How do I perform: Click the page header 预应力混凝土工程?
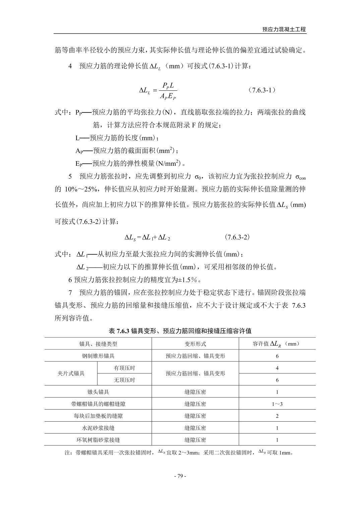[284, 29]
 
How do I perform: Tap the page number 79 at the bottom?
[180, 476]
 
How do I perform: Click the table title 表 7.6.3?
[180, 331]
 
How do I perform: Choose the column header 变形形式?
[195, 344]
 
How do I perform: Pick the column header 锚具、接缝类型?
[98, 344]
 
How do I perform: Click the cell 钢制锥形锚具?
[98, 356]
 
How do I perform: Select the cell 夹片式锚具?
[71, 373]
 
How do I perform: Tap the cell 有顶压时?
[124, 368]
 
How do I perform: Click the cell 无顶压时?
[124, 380]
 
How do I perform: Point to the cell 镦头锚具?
[98, 392]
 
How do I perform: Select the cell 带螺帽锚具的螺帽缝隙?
[98, 404]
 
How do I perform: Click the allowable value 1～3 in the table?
[277, 404]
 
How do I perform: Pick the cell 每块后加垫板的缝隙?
[98, 416]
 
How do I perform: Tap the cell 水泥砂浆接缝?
[98, 428]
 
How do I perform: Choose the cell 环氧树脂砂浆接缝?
[98, 440]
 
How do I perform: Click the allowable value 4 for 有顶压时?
[277, 368]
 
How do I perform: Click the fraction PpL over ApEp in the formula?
[168, 91]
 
